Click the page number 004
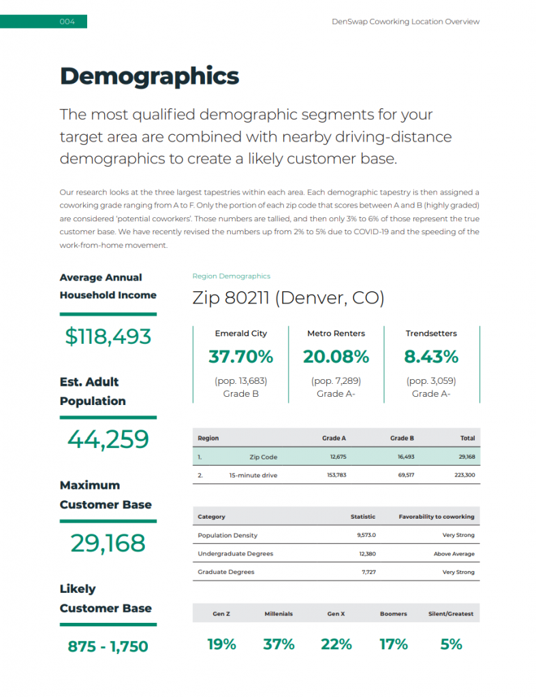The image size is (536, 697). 67,22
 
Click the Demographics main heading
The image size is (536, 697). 149,76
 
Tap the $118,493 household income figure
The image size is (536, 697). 108,336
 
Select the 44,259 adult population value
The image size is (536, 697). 108,439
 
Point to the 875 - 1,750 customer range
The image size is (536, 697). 108,647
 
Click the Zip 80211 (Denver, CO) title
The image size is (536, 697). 288,298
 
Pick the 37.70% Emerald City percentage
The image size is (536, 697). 240,357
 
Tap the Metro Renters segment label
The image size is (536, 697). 336,334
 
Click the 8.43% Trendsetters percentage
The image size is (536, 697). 431,357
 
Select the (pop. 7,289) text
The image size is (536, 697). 336,381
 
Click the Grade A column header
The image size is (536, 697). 334,438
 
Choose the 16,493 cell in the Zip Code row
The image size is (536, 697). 405,457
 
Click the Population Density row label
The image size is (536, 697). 227,536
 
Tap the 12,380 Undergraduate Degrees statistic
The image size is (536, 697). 367,554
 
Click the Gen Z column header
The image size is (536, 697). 221,614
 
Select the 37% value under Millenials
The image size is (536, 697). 279,644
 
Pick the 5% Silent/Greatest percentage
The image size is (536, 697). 451,644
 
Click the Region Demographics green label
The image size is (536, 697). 231,276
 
